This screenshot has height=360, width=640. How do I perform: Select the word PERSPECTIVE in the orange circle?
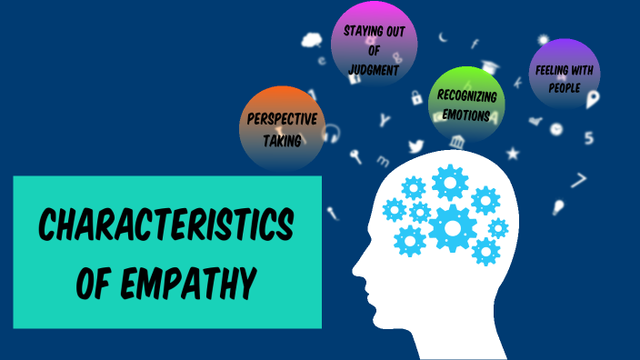pos(282,119)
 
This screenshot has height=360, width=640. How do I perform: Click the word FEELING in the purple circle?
pos(552,68)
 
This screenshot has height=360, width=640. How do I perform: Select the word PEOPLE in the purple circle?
pos(565,87)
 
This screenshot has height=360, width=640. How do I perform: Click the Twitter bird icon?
pos(416,145)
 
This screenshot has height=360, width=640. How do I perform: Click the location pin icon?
pos(593,98)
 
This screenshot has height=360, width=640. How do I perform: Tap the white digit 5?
pos(589,138)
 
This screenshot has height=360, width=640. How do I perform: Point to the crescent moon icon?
pos(443,37)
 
